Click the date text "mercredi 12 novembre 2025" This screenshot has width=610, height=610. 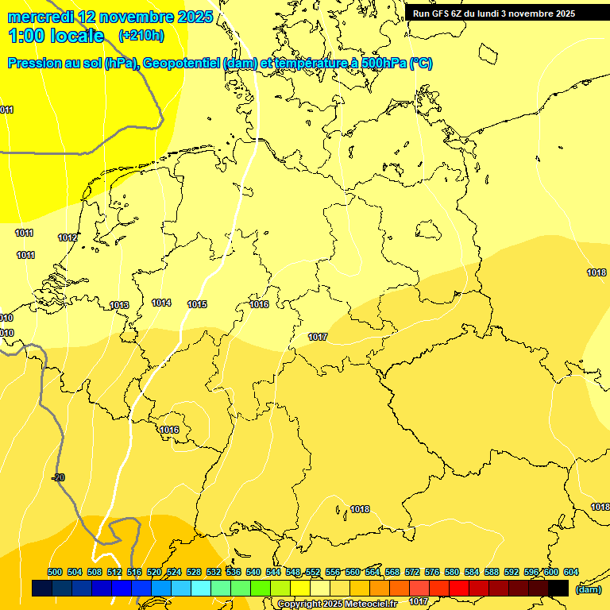110,17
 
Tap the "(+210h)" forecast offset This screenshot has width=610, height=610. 141,35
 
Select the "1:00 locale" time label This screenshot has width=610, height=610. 56,36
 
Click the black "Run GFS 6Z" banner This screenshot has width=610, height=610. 493,14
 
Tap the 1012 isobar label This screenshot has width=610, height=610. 68,238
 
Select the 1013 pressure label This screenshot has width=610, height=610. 119,306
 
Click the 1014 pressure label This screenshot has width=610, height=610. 161,303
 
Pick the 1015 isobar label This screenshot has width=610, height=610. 197,305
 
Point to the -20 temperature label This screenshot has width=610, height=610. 58,477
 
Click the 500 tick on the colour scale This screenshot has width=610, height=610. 55,572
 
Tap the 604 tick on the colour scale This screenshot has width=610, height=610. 571,572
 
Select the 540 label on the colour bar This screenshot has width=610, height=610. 253,572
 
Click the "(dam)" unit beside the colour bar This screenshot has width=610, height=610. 588,589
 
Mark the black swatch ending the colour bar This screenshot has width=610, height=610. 558,588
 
